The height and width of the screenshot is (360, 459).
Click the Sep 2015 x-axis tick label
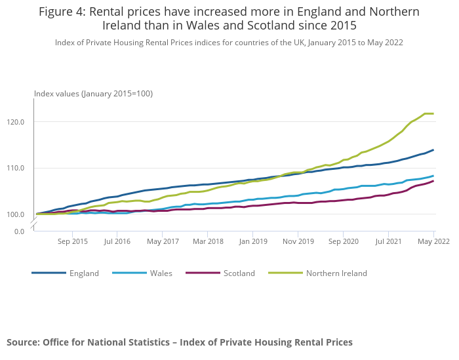(72, 241)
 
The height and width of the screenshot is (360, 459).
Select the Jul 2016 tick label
(117, 241)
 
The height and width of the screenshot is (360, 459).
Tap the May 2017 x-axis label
(163, 241)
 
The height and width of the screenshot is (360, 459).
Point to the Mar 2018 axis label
(208, 241)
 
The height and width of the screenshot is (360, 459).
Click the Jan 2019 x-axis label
(252, 241)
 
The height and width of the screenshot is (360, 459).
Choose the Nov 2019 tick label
(298, 241)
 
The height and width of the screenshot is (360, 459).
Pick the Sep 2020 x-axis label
(343, 241)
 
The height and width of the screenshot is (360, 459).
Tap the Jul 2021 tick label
(388, 241)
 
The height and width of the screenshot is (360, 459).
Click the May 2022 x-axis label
(433, 241)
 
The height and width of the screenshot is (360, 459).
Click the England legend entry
(84, 273)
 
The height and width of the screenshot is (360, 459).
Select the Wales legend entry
(161, 273)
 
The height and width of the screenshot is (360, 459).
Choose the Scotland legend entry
(239, 273)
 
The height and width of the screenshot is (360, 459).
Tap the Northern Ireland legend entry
(336, 273)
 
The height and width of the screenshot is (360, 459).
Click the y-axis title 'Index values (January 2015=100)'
(93, 94)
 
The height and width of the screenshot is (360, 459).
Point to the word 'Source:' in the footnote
(23, 342)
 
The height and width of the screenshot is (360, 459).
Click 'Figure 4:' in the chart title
(68, 12)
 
